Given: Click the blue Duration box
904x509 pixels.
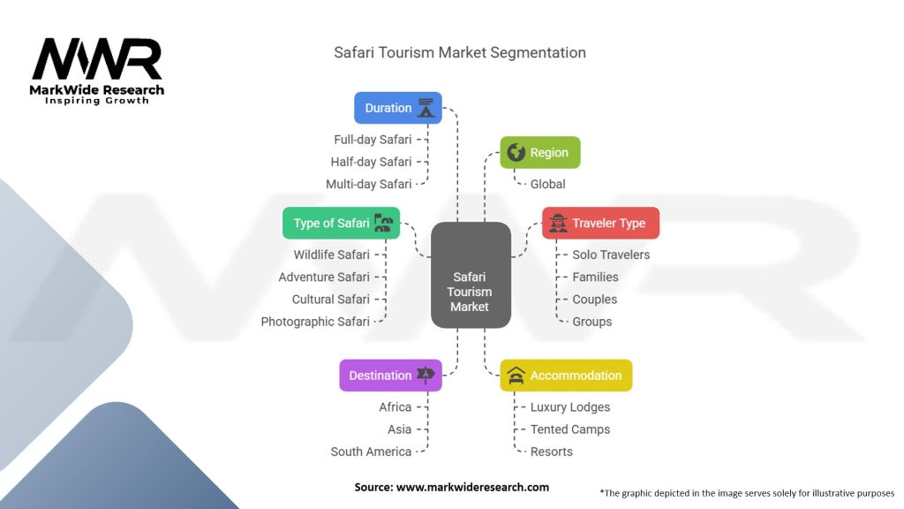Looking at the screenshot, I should click(397, 108).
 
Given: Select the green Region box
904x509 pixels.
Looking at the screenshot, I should click(540, 153).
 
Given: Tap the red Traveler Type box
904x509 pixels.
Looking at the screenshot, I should click(600, 223).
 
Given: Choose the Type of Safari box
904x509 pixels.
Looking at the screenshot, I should click(341, 223).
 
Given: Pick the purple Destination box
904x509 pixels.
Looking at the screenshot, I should click(390, 376).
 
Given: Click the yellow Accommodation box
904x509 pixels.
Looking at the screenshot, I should click(566, 376).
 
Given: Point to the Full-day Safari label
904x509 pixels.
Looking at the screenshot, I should click(373, 140).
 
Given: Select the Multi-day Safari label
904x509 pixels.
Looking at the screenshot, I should click(369, 184).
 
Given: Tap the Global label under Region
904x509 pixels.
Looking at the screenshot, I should click(547, 184).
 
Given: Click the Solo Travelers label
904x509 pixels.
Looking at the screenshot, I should click(611, 254).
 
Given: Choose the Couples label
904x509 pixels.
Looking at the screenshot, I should click(594, 299).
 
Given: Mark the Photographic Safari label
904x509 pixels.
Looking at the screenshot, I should click(315, 322).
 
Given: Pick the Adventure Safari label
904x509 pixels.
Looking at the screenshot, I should click(324, 277).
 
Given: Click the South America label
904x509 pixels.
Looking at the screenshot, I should click(371, 452).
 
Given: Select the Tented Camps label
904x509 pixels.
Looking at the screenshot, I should click(569, 429).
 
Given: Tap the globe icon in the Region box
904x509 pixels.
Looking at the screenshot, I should click(515, 152).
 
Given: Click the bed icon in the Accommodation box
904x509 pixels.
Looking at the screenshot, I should click(516, 376).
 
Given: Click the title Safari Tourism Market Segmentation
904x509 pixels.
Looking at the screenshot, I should click(459, 52).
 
